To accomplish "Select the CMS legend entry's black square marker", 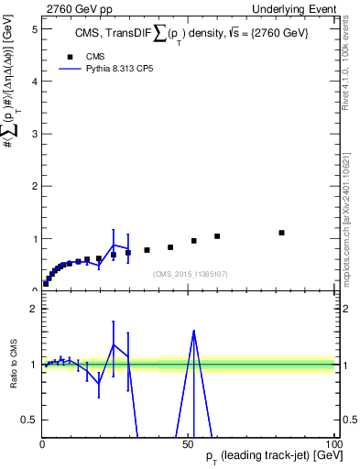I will [x=67, y=55].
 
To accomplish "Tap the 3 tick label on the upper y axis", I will [x=33, y=134].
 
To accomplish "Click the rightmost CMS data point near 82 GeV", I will [x=282, y=233].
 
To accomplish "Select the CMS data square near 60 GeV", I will [x=217, y=236].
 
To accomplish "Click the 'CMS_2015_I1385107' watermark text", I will [x=190, y=274].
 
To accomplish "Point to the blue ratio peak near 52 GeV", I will [x=193, y=331].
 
